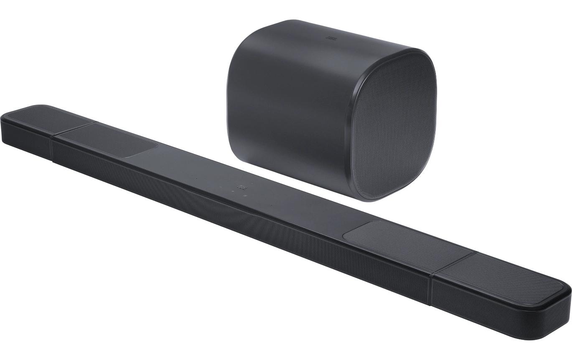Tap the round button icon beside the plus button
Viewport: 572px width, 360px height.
[245, 195]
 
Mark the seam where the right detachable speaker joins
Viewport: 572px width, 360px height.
[432, 289]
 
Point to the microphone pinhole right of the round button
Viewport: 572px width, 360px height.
[271, 205]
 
